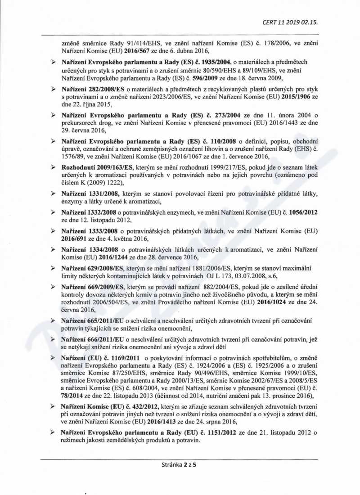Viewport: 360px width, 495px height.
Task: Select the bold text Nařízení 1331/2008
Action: (x=86, y=193)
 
